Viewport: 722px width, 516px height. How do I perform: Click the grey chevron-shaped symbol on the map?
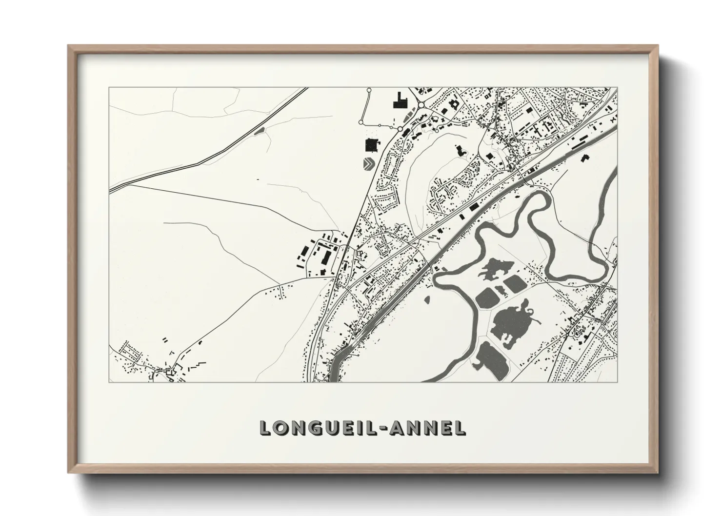point(369,163)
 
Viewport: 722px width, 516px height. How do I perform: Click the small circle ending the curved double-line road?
point(369,90)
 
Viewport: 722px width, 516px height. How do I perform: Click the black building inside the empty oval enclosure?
point(460,150)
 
